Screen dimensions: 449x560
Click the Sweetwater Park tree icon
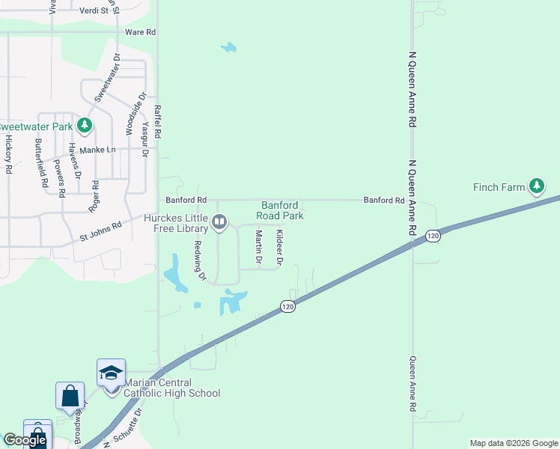click(x=85, y=125)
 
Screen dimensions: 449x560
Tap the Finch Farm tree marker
click(x=536, y=186)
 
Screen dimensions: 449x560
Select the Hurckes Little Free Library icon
click(x=220, y=222)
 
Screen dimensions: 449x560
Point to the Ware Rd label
click(x=140, y=32)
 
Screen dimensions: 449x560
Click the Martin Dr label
click(x=258, y=248)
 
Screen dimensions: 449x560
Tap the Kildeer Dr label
click(x=279, y=248)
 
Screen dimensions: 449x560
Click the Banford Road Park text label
click(x=281, y=210)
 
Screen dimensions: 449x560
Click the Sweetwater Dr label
click(x=107, y=78)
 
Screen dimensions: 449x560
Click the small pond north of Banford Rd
click(x=228, y=49)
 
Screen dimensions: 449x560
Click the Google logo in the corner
click(x=25, y=440)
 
